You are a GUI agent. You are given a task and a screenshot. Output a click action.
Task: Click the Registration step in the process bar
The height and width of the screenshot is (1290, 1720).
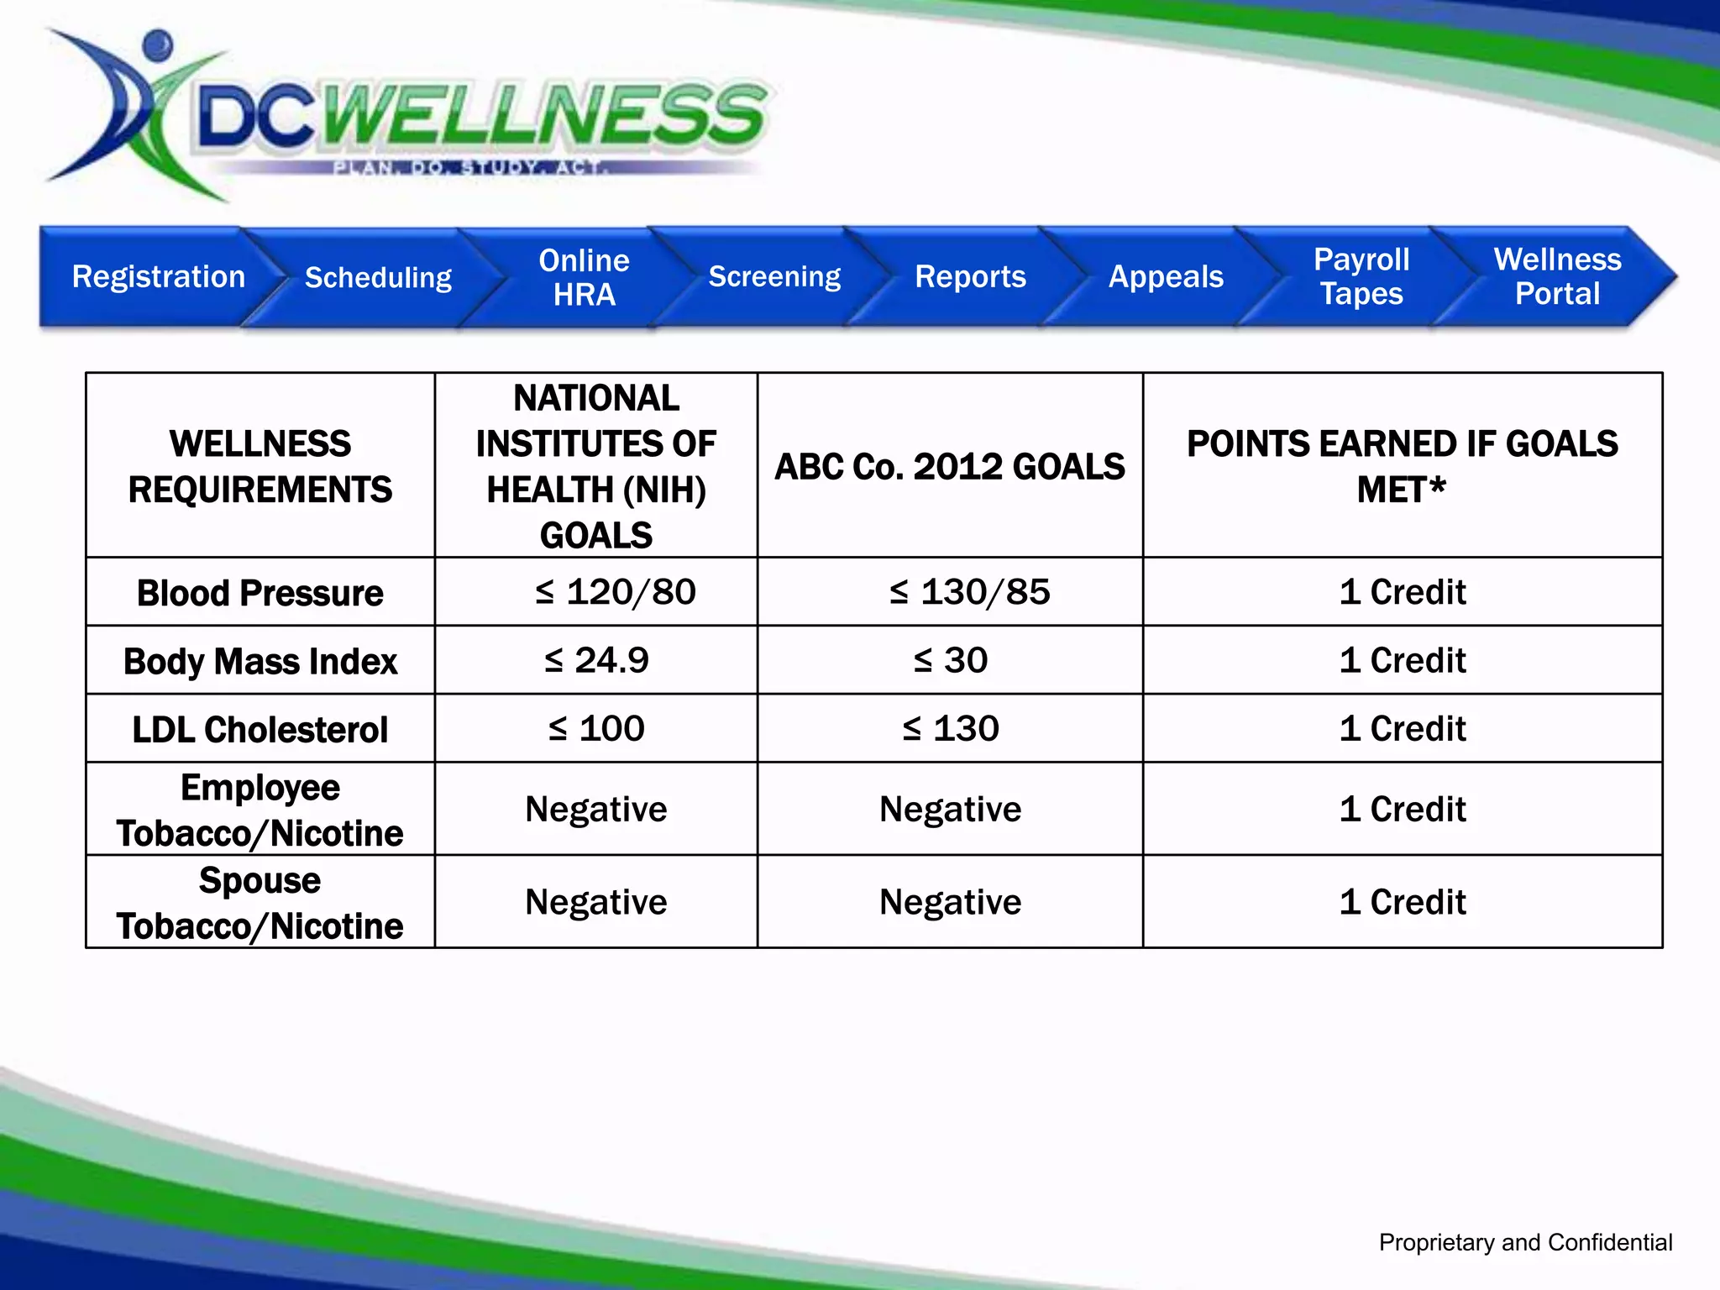tap(158, 277)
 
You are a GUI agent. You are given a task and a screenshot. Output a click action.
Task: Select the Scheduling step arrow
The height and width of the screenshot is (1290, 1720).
tap(378, 277)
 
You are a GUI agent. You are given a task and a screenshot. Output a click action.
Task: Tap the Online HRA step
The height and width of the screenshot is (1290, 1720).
tap(584, 277)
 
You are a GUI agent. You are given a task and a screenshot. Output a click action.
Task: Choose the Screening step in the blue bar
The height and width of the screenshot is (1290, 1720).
tap(773, 277)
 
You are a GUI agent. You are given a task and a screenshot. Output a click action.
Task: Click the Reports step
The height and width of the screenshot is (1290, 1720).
tap(970, 277)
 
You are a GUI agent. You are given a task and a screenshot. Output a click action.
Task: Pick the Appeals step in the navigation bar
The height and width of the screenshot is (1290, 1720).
tap(1166, 277)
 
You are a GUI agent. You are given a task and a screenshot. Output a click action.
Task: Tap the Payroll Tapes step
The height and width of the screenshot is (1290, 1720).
tap(1361, 277)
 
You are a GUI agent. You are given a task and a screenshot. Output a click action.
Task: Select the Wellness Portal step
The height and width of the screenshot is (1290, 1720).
tap(1557, 277)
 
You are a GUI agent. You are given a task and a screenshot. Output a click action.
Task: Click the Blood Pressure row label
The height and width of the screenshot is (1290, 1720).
tap(260, 593)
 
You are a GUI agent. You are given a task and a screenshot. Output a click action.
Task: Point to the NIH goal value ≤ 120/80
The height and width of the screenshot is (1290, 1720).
tap(616, 592)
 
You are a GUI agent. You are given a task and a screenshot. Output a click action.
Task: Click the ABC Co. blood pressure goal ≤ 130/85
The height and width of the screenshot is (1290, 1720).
tap(970, 592)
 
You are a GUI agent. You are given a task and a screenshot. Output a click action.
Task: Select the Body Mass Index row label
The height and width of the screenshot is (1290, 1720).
tap(260, 661)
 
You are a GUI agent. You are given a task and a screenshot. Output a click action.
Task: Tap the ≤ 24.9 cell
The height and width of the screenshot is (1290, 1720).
tap(596, 660)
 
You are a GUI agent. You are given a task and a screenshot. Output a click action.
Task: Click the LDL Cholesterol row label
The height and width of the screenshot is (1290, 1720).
tap(260, 729)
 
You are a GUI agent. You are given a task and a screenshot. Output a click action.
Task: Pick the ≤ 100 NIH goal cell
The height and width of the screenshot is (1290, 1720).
tap(596, 728)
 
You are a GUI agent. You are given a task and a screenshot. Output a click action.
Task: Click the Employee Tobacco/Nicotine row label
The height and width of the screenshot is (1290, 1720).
tap(260, 810)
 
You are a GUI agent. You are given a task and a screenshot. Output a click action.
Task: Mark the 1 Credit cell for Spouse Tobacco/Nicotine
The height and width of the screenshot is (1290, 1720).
tap(1403, 902)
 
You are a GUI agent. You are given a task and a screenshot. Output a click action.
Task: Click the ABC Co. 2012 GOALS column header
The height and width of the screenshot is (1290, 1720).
tap(950, 467)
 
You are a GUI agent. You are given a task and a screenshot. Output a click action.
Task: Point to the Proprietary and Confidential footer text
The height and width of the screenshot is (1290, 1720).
tap(1525, 1242)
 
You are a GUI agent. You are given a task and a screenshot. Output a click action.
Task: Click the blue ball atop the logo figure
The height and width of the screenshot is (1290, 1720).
tap(157, 44)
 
